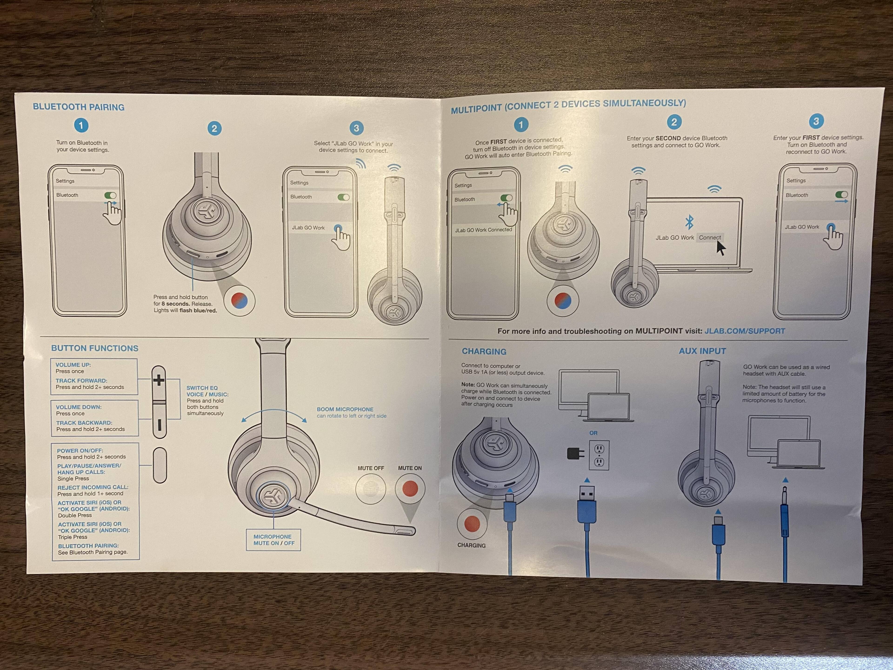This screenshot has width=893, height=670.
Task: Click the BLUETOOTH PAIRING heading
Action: (x=79, y=107)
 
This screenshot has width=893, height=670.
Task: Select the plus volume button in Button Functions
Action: (x=159, y=380)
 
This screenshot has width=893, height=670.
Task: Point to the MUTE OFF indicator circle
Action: (x=371, y=489)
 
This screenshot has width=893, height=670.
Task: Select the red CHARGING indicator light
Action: (x=472, y=524)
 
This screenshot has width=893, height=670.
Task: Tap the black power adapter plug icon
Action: (x=575, y=454)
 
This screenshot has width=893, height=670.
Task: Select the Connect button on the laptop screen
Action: (x=710, y=238)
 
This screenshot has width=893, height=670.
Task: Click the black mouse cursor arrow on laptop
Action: (x=721, y=248)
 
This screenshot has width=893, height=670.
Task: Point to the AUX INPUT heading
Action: (x=703, y=351)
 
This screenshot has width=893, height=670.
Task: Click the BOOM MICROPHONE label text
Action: (x=345, y=409)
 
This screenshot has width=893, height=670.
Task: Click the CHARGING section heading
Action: (x=484, y=351)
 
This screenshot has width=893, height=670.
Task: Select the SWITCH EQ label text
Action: (x=202, y=388)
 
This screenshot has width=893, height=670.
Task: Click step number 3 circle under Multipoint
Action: (x=816, y=121)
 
